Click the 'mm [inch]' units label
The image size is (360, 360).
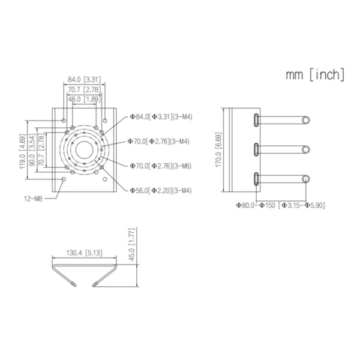pos(315,74)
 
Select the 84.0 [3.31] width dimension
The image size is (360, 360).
pos(84,79)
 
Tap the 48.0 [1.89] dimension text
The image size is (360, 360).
pos(84,99)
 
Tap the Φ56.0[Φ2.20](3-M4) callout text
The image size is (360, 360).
pos(160,190)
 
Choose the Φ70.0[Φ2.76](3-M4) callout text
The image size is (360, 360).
pos(159,142)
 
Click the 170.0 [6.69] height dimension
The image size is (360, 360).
pos(218,150)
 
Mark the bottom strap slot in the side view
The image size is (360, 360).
pos(256,179)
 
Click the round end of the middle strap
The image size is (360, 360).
pos(305,149)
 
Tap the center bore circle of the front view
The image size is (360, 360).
pos(84,150)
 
